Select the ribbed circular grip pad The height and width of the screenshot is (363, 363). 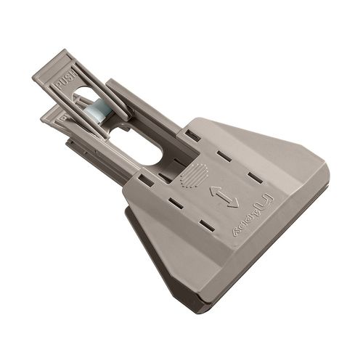pos(194,175)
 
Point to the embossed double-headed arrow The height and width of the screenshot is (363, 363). pos(224,197)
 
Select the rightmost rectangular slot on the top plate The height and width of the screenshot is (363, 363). pos(254,176)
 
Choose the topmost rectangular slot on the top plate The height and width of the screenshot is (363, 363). pos(192,135)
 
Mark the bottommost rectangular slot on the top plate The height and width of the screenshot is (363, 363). pos(208,226)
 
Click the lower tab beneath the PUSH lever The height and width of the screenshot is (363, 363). pos(54,116)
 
